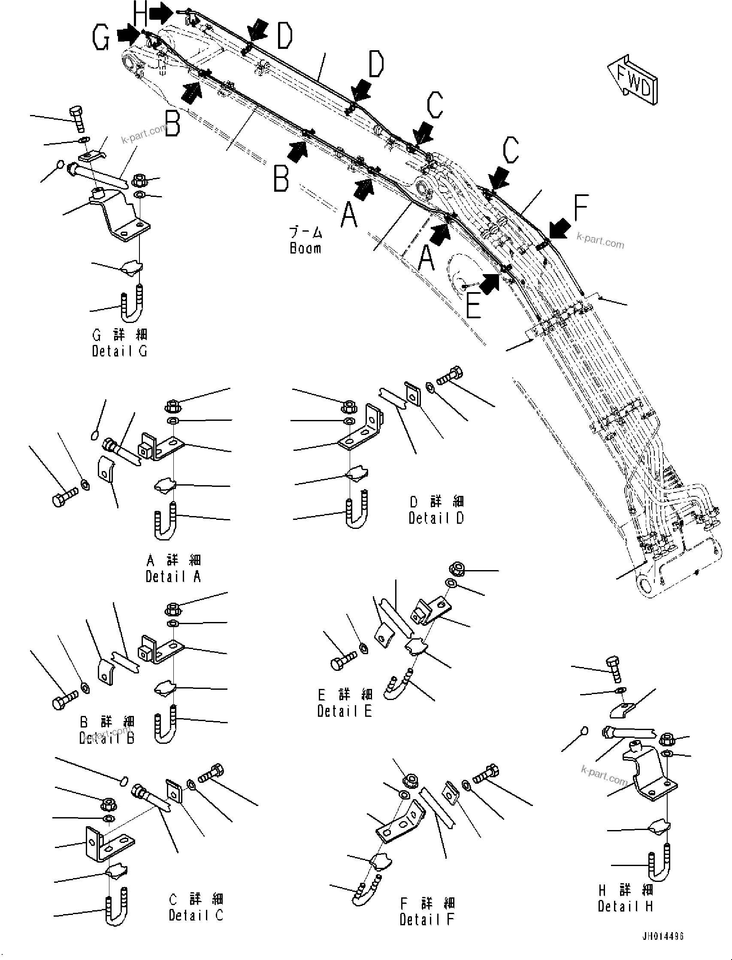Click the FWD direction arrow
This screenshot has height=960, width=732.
634,81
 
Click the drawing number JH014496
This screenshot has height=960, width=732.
662,936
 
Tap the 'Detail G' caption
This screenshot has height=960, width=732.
119,351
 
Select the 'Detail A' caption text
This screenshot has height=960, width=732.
173,576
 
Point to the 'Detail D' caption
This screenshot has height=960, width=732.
436,518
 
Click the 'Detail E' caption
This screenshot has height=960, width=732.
344,711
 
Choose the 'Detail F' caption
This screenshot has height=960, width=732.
426,919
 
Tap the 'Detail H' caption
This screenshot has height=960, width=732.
625,906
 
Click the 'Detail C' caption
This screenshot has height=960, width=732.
196,915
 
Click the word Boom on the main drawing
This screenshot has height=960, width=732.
306,248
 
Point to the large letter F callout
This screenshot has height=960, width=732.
581,208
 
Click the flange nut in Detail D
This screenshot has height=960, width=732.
348,407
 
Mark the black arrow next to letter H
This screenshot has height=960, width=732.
161,14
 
